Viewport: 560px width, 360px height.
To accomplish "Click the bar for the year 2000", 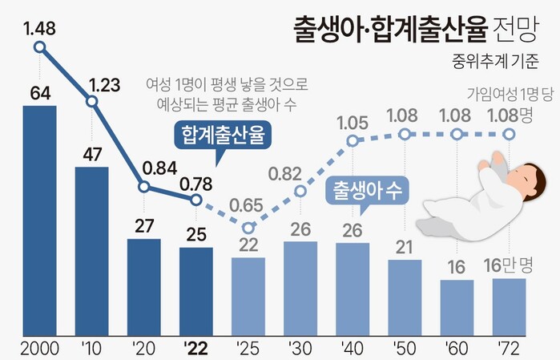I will pyautogui.click(x=39, y=220).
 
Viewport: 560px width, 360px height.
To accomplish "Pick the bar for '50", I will pyautogui.click(x=405, y=297).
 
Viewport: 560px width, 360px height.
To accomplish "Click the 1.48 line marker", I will pyautogui.click(x=40, y=47).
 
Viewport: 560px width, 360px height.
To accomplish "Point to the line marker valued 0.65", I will pyautogui.click(x=248, y=228).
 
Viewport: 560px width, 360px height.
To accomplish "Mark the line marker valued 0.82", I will pyautogui.click(x=300, y=191).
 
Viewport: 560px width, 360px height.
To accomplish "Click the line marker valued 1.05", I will pyautogui.click(x=353, y=141).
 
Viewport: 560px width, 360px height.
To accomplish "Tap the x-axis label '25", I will pyautogui.click(x=248, y=349).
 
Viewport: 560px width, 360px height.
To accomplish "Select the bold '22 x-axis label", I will pyautogui.click(x=196, y=349).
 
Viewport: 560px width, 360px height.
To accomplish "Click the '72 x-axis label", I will pyautogui.click(x=509, y=349).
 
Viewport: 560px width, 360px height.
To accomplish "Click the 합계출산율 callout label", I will pyautogui.click(x=224, y=134).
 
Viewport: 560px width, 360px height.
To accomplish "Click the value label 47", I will pyautogui.click(x=91, y=154).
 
